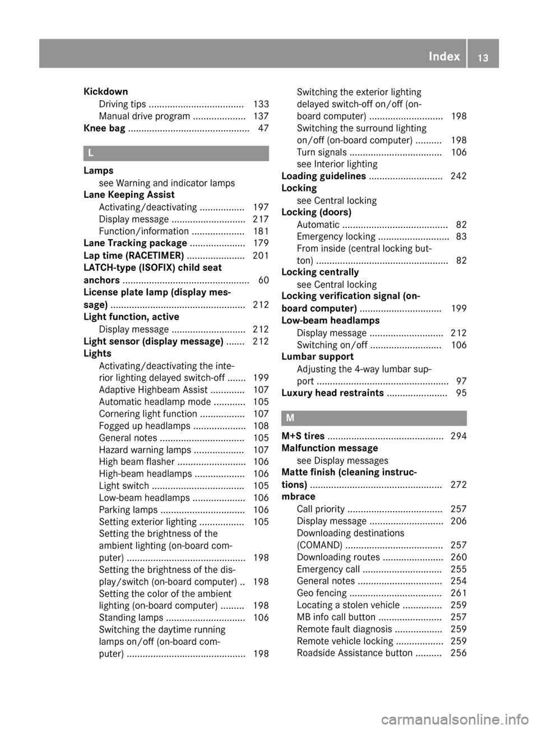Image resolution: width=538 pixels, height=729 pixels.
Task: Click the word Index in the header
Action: [444, 56]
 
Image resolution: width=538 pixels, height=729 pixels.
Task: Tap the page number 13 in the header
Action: [483, 57]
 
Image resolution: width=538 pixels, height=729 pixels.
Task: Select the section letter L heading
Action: [91, 152]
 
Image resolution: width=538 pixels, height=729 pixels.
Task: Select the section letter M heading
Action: [290, 418]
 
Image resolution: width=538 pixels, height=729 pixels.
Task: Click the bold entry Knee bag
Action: [104, 128]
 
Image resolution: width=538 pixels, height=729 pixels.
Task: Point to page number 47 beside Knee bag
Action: [263, 128]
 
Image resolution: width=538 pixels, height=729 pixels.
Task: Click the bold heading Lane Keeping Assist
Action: [129, 195]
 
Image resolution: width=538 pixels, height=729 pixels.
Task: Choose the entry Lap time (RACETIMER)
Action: [133, 255]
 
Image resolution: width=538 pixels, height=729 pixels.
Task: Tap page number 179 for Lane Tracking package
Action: [261, 243]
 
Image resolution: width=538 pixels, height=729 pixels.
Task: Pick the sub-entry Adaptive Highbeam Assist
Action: [153, 390]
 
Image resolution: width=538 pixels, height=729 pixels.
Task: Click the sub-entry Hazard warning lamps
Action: [145, 450]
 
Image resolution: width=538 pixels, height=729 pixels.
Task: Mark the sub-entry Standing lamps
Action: [131, 618]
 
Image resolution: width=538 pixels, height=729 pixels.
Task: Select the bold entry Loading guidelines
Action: [323, 176]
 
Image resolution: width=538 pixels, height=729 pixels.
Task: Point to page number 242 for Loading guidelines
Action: [458, 176]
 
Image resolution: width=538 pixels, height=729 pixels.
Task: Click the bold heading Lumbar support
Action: [317, 357]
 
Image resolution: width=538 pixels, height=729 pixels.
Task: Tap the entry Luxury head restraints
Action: [332, 393]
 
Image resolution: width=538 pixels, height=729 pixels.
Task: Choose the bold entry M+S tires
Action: [303, 436]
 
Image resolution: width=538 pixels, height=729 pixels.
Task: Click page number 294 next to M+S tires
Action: [458, 436]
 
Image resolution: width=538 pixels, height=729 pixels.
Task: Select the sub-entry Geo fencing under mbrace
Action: [322, 593]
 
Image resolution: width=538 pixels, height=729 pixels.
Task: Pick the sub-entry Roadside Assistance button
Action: [354, 653]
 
